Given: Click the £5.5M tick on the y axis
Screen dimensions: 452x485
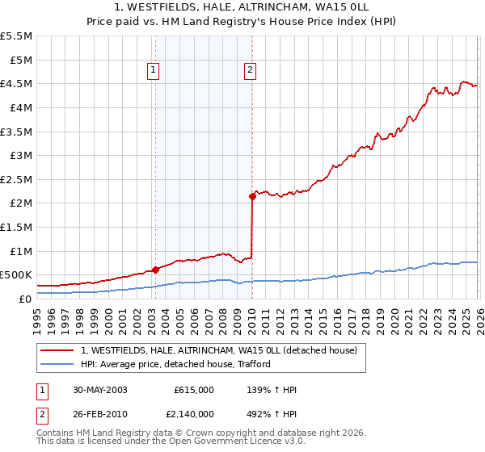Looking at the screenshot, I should [17, 36].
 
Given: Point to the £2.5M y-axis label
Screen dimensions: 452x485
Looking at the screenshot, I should [17, 179].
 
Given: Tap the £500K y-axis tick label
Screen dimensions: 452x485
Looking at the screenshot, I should [16, 275].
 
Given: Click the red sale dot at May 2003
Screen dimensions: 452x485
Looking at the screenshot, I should [155, 270].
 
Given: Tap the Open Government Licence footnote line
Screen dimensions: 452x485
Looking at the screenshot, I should [171, 442].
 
